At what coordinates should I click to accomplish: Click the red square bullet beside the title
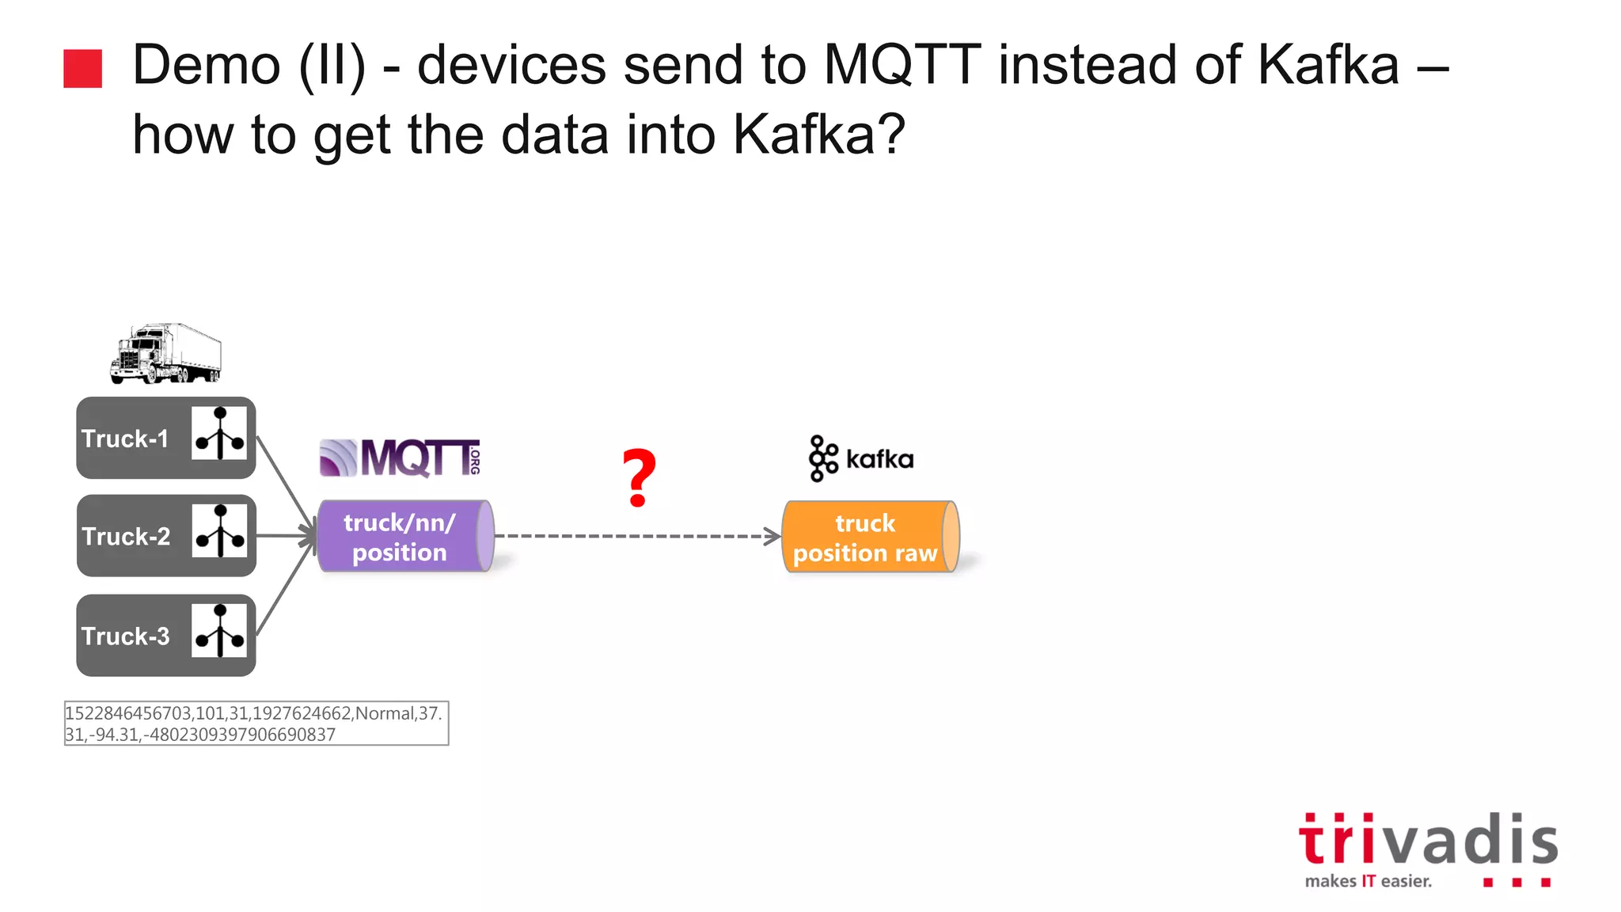tap(83, 68)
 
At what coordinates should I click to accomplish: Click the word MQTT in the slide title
tap(902, 65)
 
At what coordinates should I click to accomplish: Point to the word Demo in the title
tap(206, 65)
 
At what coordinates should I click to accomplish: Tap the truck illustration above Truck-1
tap(166, 353)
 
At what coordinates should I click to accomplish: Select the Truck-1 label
tap(125, 439)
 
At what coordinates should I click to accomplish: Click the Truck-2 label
tap(126, 536)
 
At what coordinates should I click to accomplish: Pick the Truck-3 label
tap(126, 636)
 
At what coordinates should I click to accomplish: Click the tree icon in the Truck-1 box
tap(219, 434)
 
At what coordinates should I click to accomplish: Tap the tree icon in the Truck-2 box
tap(220, 531)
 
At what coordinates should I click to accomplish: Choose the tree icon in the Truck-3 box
tap(219, 631)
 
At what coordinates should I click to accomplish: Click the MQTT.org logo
tap(401, 458)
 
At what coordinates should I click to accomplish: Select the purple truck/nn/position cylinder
tap(404, 537)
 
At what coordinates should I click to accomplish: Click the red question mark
tap(639, 478)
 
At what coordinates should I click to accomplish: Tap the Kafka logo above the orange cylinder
tap(861, 458)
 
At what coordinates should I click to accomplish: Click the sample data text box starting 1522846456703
tap(256, 723)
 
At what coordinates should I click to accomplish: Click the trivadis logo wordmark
tap(1428, 839)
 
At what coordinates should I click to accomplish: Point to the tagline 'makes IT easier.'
tap(1369, 881)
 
